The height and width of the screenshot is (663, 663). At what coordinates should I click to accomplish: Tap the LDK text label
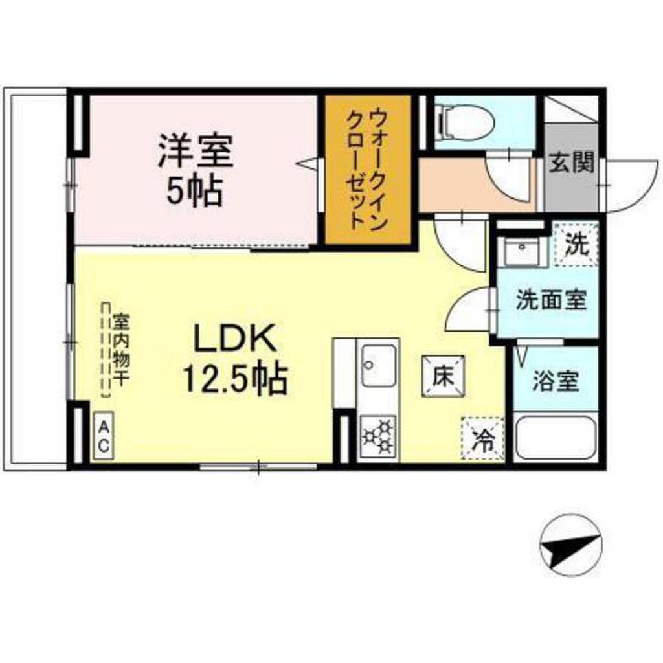[234, 338]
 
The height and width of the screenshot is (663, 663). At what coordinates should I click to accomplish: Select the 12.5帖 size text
[234, 378]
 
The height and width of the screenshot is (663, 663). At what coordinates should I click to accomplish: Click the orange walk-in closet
[368, 170]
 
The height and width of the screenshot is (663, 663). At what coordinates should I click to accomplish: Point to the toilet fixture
[466, 124]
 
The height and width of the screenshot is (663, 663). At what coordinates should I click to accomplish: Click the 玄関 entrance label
[571, 163]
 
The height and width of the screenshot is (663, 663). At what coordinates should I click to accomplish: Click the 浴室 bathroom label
[555, 381]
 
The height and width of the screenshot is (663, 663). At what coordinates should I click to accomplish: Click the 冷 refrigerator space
[483, 438]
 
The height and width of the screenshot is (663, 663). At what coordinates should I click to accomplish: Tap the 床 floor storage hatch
[443, 376]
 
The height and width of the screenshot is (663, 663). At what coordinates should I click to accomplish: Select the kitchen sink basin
[379, 365]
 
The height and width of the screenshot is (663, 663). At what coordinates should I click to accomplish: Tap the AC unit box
[104, 435]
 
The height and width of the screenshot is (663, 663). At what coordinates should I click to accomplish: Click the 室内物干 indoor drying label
[120, 349]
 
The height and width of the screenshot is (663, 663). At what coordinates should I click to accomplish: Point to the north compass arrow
[571, 546]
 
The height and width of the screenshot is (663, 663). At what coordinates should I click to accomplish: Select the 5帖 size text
[195, 191]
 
